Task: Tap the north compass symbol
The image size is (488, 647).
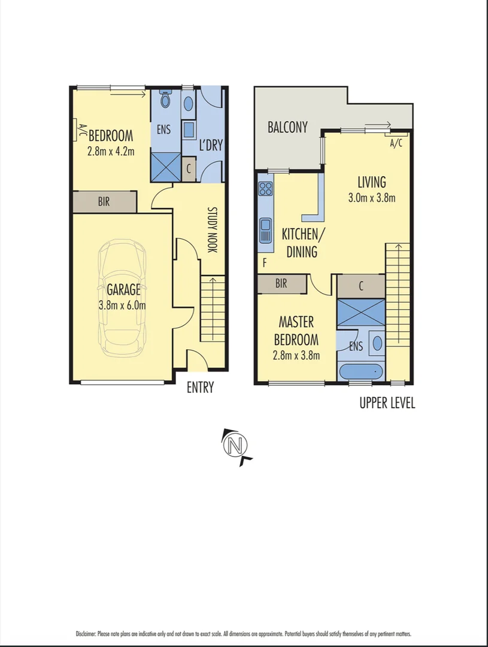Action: tap(236, 446)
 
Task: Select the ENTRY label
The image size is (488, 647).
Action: tap(200, 388)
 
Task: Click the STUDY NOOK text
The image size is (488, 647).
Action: tap(211, 229)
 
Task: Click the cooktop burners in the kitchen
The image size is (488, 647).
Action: tap(265, 189)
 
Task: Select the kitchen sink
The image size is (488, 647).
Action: tap(265, 230)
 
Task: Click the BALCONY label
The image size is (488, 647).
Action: tap(287, 127)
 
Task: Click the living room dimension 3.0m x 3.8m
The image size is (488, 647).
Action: tap(372, 198)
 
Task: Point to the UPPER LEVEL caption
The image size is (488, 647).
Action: tap(387, 403)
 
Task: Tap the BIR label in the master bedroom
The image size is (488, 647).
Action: tap(281, 284)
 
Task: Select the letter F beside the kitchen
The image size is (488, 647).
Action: tap(264, 262)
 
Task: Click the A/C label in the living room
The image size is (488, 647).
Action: tap(396, 143)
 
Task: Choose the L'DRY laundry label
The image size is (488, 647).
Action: tap(210, 146)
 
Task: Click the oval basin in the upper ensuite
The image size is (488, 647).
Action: tap(377, 343)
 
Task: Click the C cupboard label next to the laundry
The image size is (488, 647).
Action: tap(189, 169)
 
